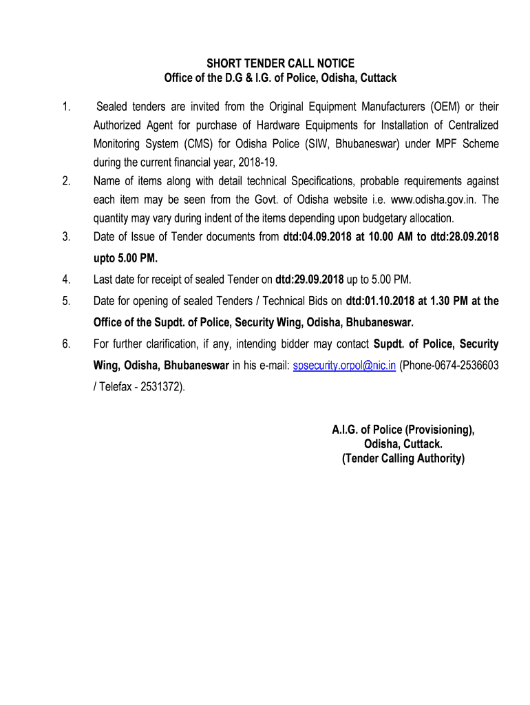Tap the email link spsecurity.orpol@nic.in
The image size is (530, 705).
click(344, 366)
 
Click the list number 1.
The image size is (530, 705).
click(66, 107)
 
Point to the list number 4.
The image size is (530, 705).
click(66, 279)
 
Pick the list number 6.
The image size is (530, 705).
click(66, 344)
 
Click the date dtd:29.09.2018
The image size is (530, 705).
click(308, 279)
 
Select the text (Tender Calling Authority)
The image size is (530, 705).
click(403, 459)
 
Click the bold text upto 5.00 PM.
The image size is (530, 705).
click(125, 259)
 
